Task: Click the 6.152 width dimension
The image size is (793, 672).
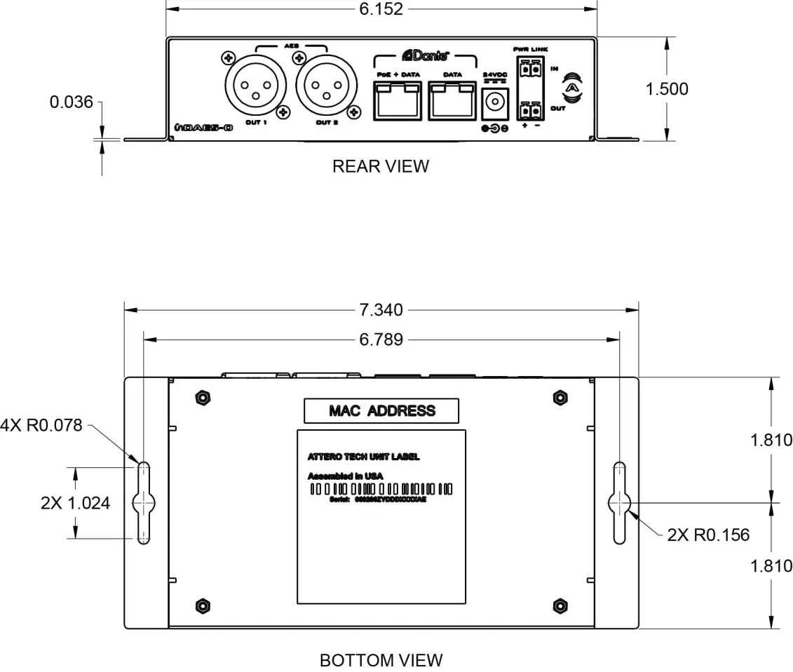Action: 381,9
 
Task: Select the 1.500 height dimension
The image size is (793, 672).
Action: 667,89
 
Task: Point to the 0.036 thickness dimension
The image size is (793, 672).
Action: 71,102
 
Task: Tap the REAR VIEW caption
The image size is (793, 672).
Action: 380,166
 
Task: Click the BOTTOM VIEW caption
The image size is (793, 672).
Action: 381,660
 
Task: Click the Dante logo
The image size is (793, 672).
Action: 425,55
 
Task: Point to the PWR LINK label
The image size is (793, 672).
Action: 531,49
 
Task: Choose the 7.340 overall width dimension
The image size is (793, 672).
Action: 381,309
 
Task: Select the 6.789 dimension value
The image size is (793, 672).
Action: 381,340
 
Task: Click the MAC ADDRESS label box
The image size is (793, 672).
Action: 381,411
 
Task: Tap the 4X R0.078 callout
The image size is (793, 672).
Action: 42,425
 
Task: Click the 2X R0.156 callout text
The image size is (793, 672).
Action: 707,535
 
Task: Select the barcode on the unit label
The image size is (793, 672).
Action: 381,488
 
